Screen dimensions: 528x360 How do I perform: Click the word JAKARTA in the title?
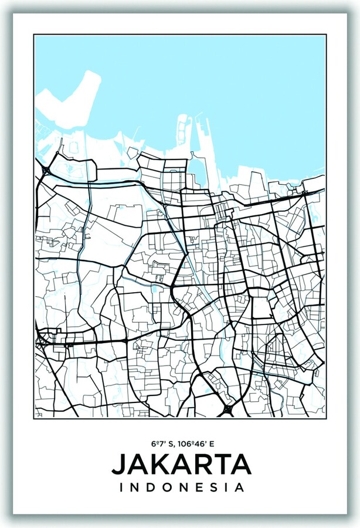[x=181, y=464]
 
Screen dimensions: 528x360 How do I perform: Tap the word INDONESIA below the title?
[x=181, y=487]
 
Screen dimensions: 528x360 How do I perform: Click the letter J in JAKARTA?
[x=117, y=464]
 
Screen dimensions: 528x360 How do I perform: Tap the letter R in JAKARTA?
[x=202, y=464]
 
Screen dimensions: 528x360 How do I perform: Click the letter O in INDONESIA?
[x=167, y=487]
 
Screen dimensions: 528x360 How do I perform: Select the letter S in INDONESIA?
[x=212, y=487]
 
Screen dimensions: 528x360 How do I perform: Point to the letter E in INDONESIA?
[x=197, y=487]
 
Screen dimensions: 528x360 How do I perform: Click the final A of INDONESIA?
[x=239, y=487]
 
